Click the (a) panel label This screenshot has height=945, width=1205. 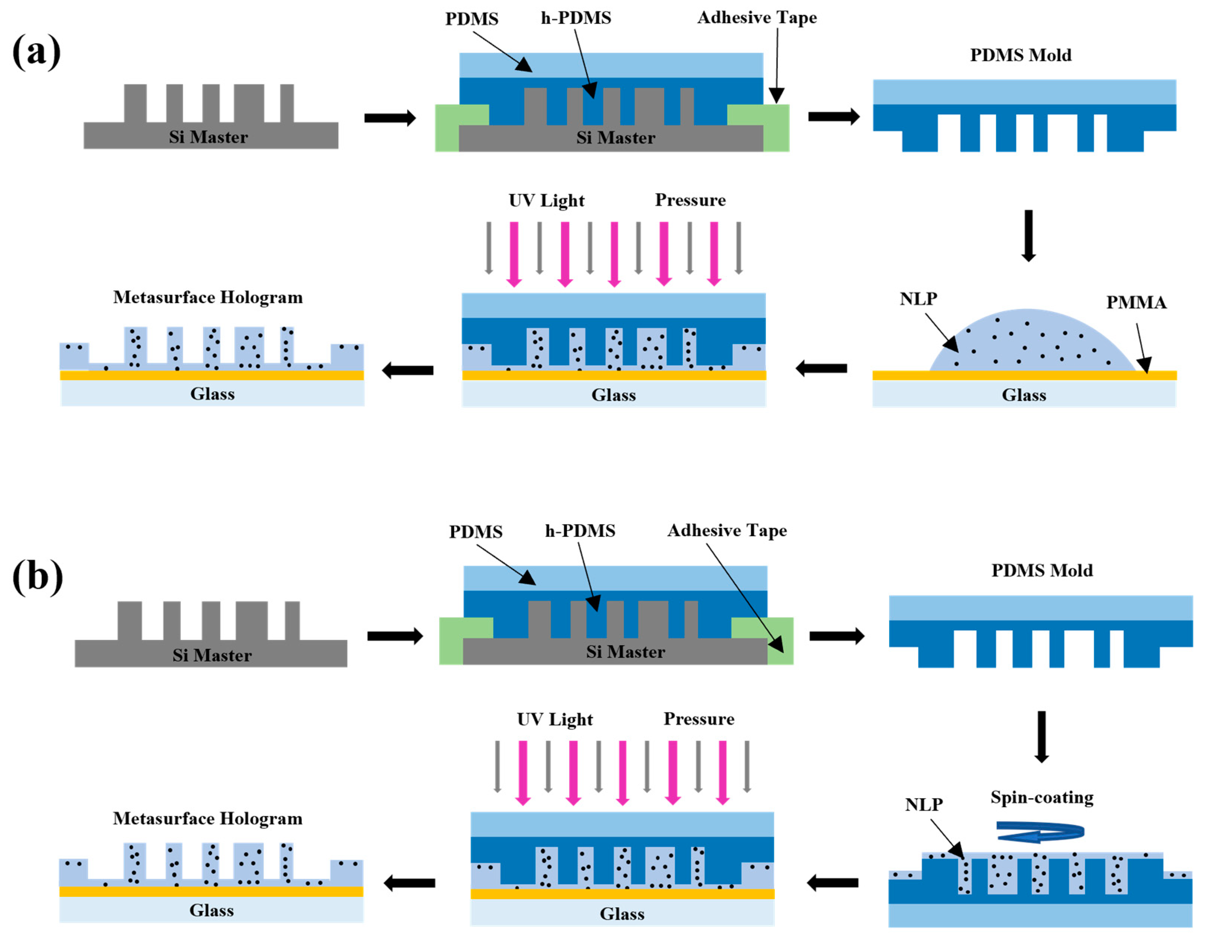click(37, 52)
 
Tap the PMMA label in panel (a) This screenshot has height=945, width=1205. click(1136, 303)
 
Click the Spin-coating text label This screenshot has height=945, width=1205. click(1042, 798)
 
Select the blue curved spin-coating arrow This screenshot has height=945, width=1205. click(1040, 831)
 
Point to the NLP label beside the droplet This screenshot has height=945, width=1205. click(918, 299)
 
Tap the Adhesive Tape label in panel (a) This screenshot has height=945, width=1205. click(757, 18)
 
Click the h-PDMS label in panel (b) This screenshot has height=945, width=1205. click(580, 531)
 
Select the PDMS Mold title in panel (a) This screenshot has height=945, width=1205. click(1020, 55)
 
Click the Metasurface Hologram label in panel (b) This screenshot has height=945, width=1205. click(208, 819)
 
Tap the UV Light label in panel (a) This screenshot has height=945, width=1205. click(546, 200)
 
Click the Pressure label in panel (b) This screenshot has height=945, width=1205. click(699, 719)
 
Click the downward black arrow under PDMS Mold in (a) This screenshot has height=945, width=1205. click(1028, 235)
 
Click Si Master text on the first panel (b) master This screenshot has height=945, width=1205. click(211, 656)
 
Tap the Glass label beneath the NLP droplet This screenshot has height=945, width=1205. click(1023, 395)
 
